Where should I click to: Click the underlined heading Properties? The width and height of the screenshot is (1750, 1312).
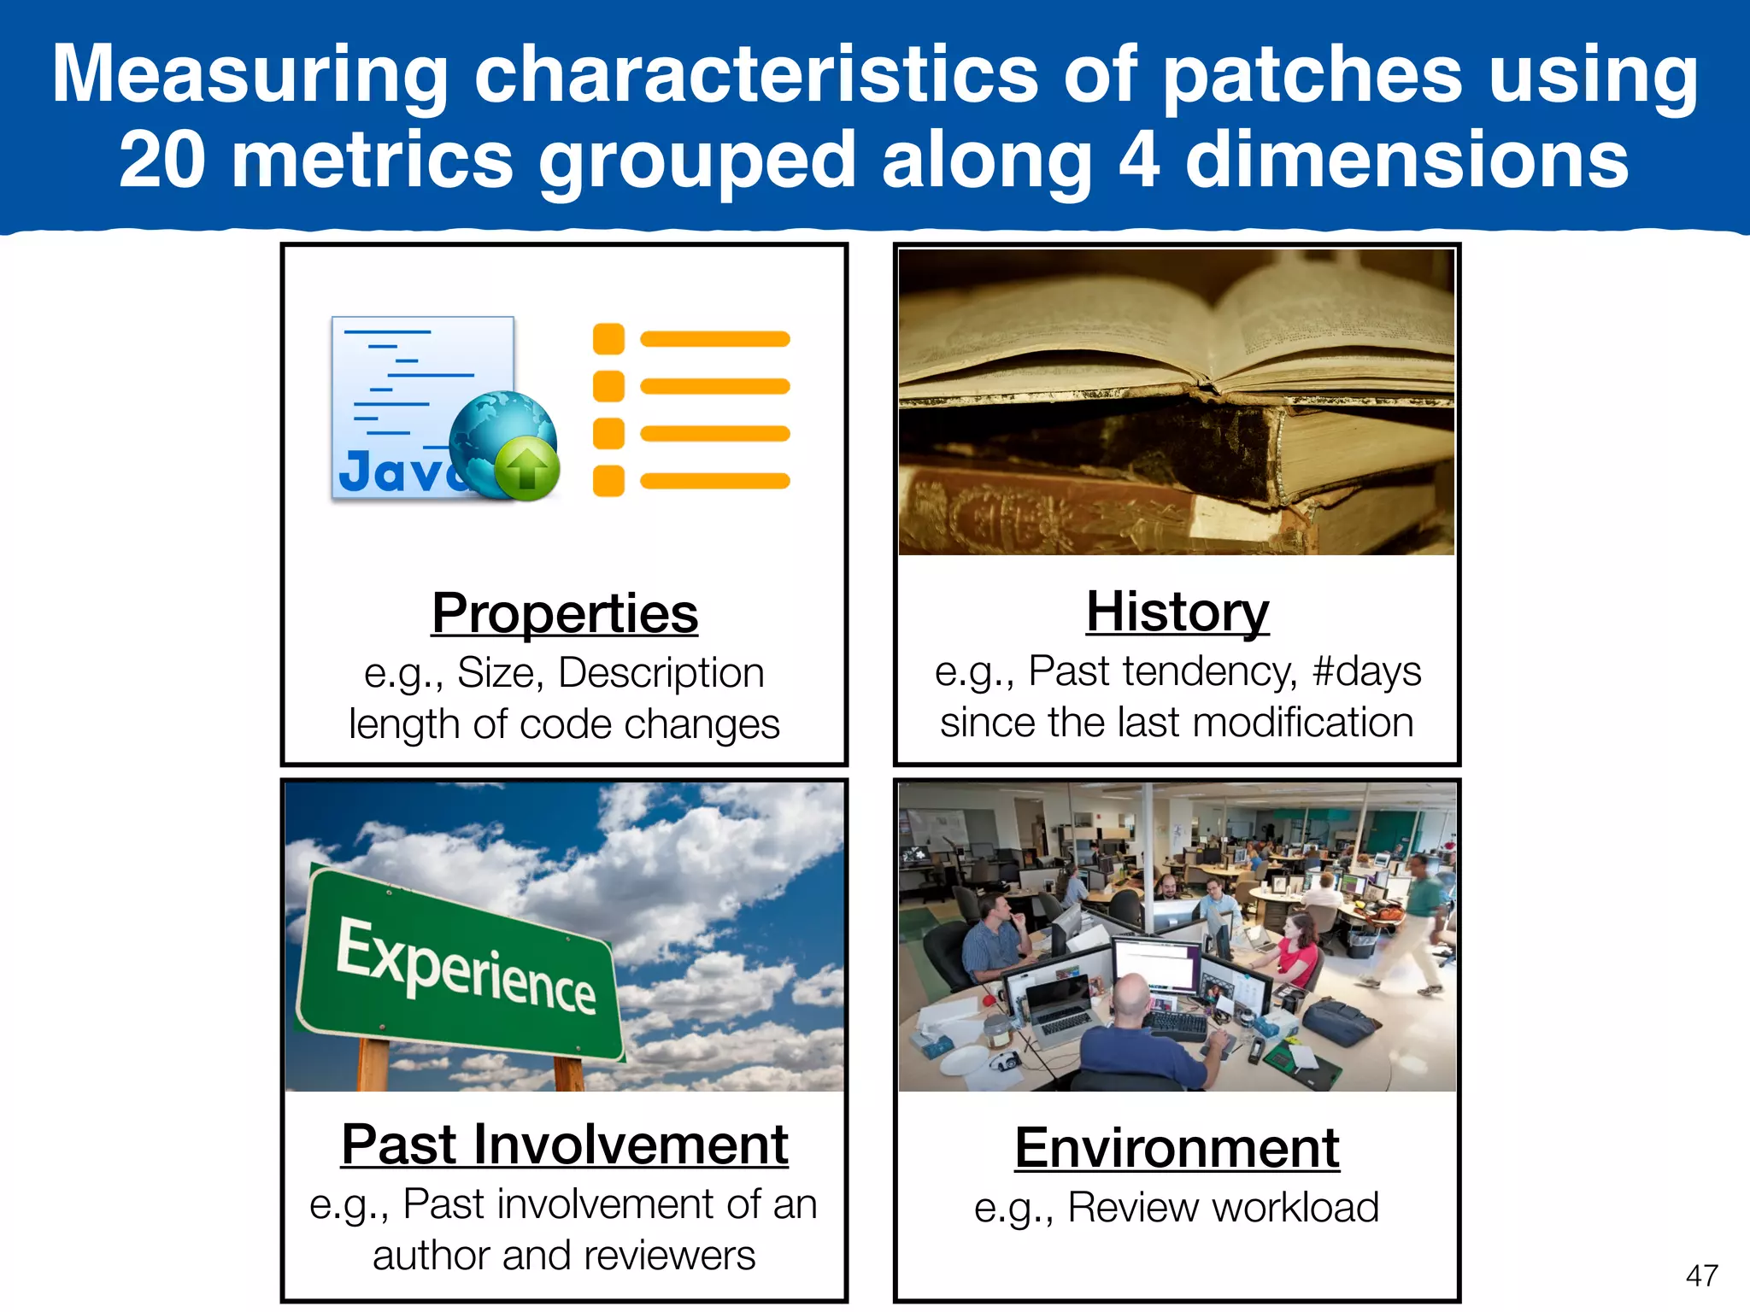click(x=565, y=613)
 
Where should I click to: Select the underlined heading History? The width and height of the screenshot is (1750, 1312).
click(x=1177, y=612)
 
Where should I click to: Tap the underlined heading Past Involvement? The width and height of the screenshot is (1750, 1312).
click(x=565, y=1145)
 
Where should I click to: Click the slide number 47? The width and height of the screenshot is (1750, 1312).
click(x=1701, y=1276)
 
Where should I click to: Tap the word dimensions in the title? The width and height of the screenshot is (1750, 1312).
click(x=1406, y=160)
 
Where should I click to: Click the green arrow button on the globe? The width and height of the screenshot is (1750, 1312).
click(x=527, y=468)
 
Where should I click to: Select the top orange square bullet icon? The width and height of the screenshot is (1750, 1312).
click(x=608, y=339)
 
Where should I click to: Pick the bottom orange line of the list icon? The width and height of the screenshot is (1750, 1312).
click(x=714, y=481)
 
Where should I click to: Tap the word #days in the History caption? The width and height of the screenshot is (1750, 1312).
click(x=1366, y=671)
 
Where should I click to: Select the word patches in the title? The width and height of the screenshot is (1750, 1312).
click(x=1312, y=75)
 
